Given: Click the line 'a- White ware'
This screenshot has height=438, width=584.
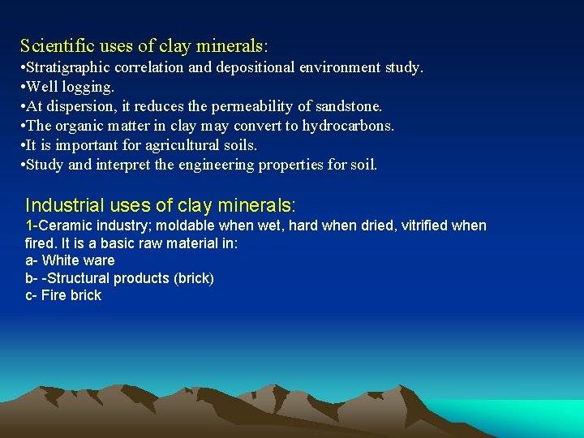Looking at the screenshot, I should [70, 260].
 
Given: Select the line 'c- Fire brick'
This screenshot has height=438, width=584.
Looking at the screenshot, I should [63, 295].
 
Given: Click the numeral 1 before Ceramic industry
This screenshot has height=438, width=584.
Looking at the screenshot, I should [29, 225].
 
